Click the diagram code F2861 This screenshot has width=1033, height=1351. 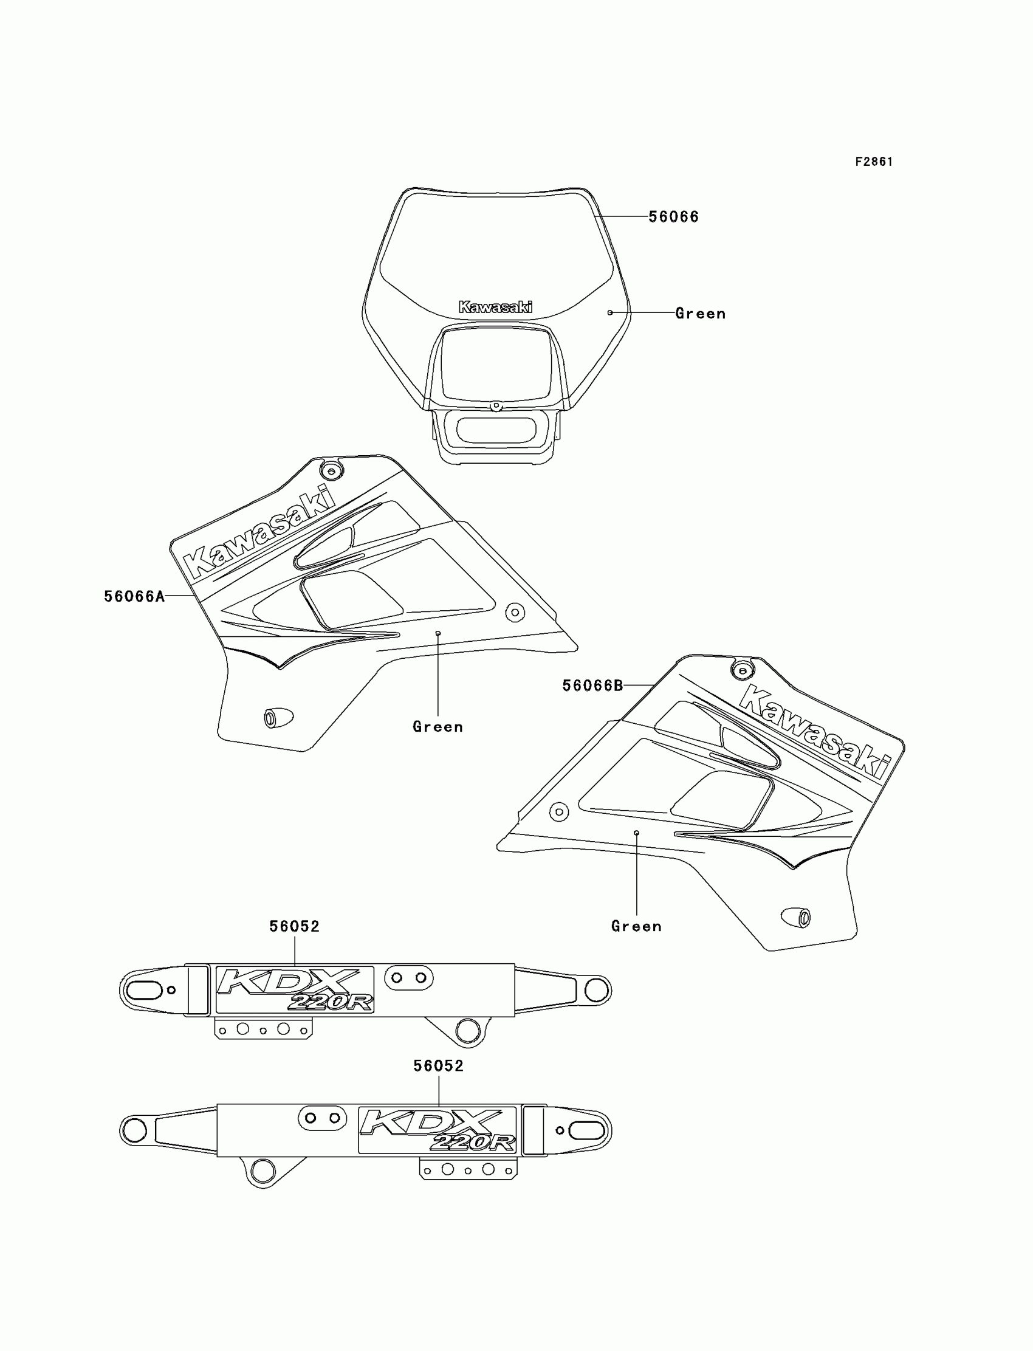coord(873,162)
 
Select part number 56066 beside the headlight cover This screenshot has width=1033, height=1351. coord(673,217)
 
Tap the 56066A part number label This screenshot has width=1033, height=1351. coord(134,596)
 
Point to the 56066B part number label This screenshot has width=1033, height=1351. coord(592,686)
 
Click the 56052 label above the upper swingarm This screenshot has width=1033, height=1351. coord(295,927)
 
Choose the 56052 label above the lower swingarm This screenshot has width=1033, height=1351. coord(438,1067)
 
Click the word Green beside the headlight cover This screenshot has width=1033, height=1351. coord(701,314)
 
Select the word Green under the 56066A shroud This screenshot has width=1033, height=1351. coord(438,727)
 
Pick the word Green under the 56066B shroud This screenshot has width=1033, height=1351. coord(636,927)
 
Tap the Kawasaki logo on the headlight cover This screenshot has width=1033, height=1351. coord(496,307)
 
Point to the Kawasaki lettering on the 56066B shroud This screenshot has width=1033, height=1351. coord(815,732)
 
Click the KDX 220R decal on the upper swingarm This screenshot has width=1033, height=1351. coord(295,990)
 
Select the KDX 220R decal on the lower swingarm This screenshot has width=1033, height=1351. coord(437,1130)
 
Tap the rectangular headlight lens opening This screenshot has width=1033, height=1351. coord(496,363)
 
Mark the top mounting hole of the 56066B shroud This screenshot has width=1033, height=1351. coord(742,670)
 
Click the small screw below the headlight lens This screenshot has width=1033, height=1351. coord(496,406)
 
